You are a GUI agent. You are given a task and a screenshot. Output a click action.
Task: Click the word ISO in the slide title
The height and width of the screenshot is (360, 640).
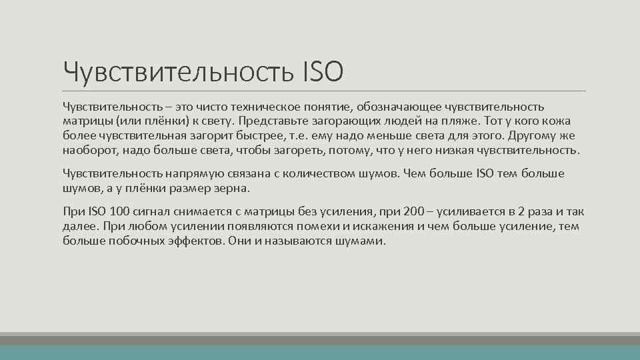323,71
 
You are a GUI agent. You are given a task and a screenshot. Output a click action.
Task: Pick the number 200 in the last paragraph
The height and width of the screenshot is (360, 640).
414,212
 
